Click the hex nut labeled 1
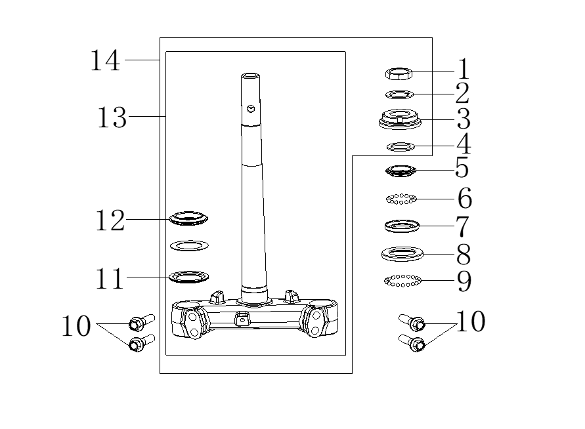coord(398,73)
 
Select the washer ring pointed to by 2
coord(399,94)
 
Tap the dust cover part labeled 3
coord(399,119)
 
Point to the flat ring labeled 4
coord(399,146)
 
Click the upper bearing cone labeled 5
coord(400,171)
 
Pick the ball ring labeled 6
coord(401,198)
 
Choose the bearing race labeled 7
coord(401,226)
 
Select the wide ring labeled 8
coord(402,253)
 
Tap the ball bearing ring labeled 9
coord(402,281)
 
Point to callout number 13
coord(112,118)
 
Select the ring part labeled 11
coord(189,276)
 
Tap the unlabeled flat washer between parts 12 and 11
coord(189,246)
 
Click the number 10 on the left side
coord(76,326)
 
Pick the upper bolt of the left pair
coord(141,322)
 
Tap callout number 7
coord(463,226)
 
